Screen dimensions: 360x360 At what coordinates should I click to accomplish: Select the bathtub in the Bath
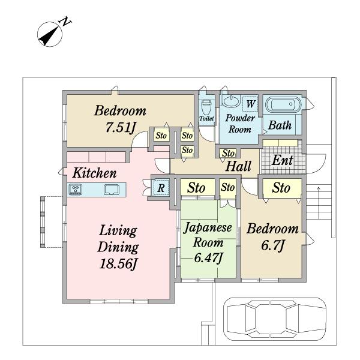283,104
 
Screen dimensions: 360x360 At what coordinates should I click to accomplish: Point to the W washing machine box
250,104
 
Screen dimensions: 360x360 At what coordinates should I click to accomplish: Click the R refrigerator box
161,188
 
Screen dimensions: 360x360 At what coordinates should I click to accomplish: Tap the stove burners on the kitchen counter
76,190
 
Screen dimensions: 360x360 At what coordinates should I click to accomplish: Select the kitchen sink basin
112,190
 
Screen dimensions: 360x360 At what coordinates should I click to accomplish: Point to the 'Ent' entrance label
282,160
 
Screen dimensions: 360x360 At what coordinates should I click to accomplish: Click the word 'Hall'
238,166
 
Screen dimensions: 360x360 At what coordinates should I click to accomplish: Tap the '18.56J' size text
118,263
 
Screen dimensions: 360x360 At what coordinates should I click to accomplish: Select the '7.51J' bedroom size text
121,127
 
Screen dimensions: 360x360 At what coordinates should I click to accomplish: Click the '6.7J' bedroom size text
273,245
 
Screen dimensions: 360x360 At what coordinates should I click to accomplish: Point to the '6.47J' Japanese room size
208,258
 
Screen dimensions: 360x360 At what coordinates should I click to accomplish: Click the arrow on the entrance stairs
319,203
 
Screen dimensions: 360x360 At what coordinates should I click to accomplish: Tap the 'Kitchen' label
94,173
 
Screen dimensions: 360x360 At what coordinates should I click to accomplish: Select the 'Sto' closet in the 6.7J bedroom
282,188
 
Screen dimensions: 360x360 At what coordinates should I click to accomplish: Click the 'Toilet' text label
206,118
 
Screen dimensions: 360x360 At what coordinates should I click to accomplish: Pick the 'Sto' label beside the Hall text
228,153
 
